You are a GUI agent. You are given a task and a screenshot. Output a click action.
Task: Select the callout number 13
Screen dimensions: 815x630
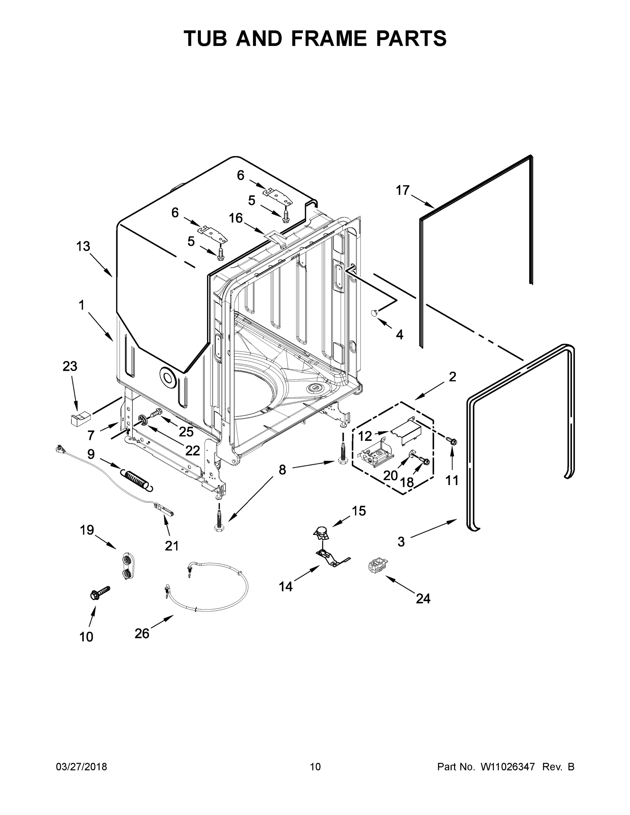(x=83, y=246)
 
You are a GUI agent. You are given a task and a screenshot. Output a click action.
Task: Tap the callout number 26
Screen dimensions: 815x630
(x=142, y=633)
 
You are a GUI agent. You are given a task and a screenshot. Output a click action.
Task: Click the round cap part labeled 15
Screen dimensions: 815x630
(x=321, y=532)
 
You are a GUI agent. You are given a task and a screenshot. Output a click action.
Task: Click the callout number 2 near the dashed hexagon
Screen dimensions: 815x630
(x=452, y=377)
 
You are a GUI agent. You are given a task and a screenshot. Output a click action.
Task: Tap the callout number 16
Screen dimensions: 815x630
(x=235, y=218)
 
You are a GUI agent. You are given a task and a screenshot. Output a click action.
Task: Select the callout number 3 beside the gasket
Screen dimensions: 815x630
(x=401, y=542)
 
